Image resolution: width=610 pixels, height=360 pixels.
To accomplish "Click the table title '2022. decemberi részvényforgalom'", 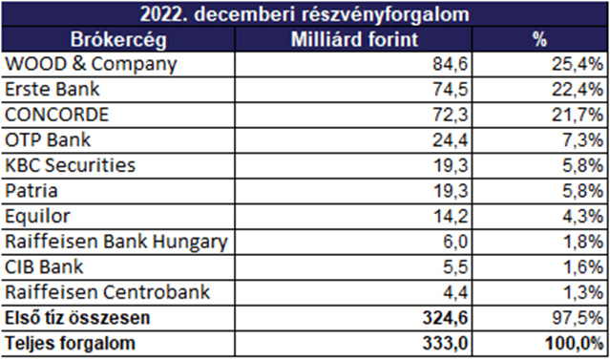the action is click(x=305, y=14).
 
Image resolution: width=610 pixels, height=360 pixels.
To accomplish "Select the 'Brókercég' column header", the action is click(x=118, y=40).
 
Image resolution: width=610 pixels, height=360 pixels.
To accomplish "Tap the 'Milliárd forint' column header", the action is click(x=354, y=39).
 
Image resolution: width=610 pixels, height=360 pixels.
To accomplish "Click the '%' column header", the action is click(x=540, y=39).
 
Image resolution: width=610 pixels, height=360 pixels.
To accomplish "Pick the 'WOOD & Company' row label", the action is click(x=91, y=64).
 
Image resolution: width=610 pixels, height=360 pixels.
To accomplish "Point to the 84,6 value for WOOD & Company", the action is click(x=451, y=64).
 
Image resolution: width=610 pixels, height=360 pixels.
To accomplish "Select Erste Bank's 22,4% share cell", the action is click(x=578, y=90).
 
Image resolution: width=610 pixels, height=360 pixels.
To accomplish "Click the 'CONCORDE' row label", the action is click(x=56, y=115).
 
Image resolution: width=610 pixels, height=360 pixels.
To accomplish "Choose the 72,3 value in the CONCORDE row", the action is click(x=451, y=115).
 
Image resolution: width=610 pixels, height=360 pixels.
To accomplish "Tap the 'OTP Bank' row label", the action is click(x=48, y=139).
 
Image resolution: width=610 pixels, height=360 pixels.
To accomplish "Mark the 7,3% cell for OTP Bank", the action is click(x=582, y=140).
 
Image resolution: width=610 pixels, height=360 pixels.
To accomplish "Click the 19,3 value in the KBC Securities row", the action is click(x=451, y=165).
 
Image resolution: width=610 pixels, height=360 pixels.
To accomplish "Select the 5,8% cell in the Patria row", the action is click(x=582, y=191).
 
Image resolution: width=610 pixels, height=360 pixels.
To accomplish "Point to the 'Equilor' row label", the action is click(x=38, y=217).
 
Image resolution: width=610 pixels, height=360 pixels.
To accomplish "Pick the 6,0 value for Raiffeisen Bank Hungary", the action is click(x=455, y=242).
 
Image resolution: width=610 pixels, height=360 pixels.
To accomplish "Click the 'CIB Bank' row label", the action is click(x=44, y=266).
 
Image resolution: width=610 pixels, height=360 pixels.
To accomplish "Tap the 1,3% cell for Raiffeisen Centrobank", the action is click(x=582, y=292).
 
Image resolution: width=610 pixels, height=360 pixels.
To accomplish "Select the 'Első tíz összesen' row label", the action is click(x=77, y=318).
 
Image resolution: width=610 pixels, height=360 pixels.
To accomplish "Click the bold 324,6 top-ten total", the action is click(x=446, y=318).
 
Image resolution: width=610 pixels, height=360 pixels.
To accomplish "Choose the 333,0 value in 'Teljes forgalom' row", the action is click(x=446, y=343).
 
